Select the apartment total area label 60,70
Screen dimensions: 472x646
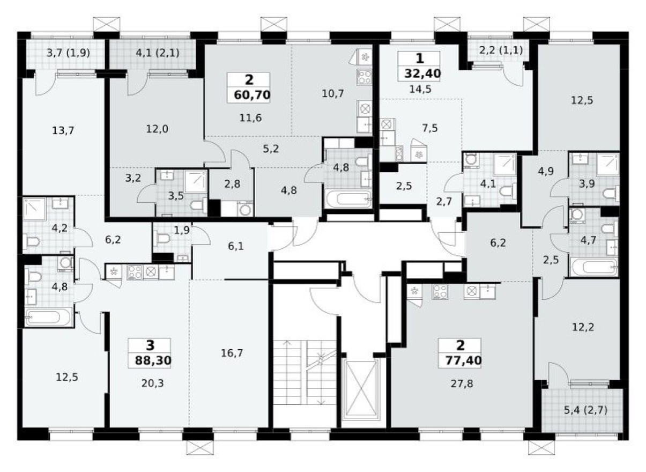pyautogui.click(x=251, y=95)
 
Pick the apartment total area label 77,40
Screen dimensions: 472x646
pyautogui.click(x=459, y=360)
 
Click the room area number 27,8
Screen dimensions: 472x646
pyautogui.click(x=459, y=383)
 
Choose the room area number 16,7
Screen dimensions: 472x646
pyautogui.click(x=229, y=353)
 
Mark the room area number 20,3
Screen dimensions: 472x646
pyautogui.click(x=150, y=384)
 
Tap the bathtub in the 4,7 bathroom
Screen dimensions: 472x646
pyautogui.click(x=593, y=267)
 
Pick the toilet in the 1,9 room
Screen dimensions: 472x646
pyautogui.click(x=162, y=238)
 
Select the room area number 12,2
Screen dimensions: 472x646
pyautogui.click(x=578, y=327)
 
